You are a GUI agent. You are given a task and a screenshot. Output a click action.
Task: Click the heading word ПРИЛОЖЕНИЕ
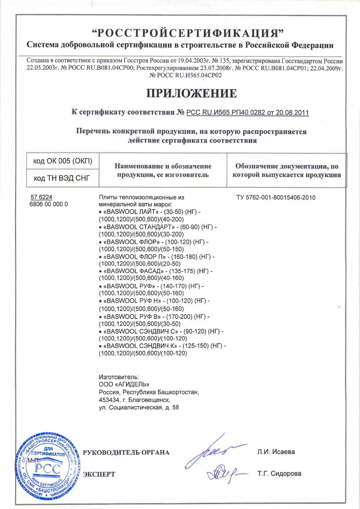(192, 93)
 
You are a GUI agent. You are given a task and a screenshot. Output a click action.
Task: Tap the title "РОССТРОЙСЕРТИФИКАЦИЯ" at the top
(188, 33)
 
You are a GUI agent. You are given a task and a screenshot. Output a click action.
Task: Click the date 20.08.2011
(292, 112)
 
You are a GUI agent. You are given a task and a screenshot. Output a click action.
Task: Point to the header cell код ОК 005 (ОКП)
(63, 161)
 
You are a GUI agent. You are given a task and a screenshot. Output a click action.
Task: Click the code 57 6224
(41, 197)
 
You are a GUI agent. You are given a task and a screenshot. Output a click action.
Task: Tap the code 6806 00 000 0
(48, 204)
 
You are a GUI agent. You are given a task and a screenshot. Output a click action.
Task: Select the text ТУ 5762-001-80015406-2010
(276, 197)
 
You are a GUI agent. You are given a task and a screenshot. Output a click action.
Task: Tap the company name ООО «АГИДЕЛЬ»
(124, 384)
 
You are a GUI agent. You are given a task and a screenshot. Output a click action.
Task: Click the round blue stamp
(48, 466)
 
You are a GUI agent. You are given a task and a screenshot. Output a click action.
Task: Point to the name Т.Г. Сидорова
(279, 474)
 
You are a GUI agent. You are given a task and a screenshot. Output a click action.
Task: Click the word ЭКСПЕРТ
(99, 474)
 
